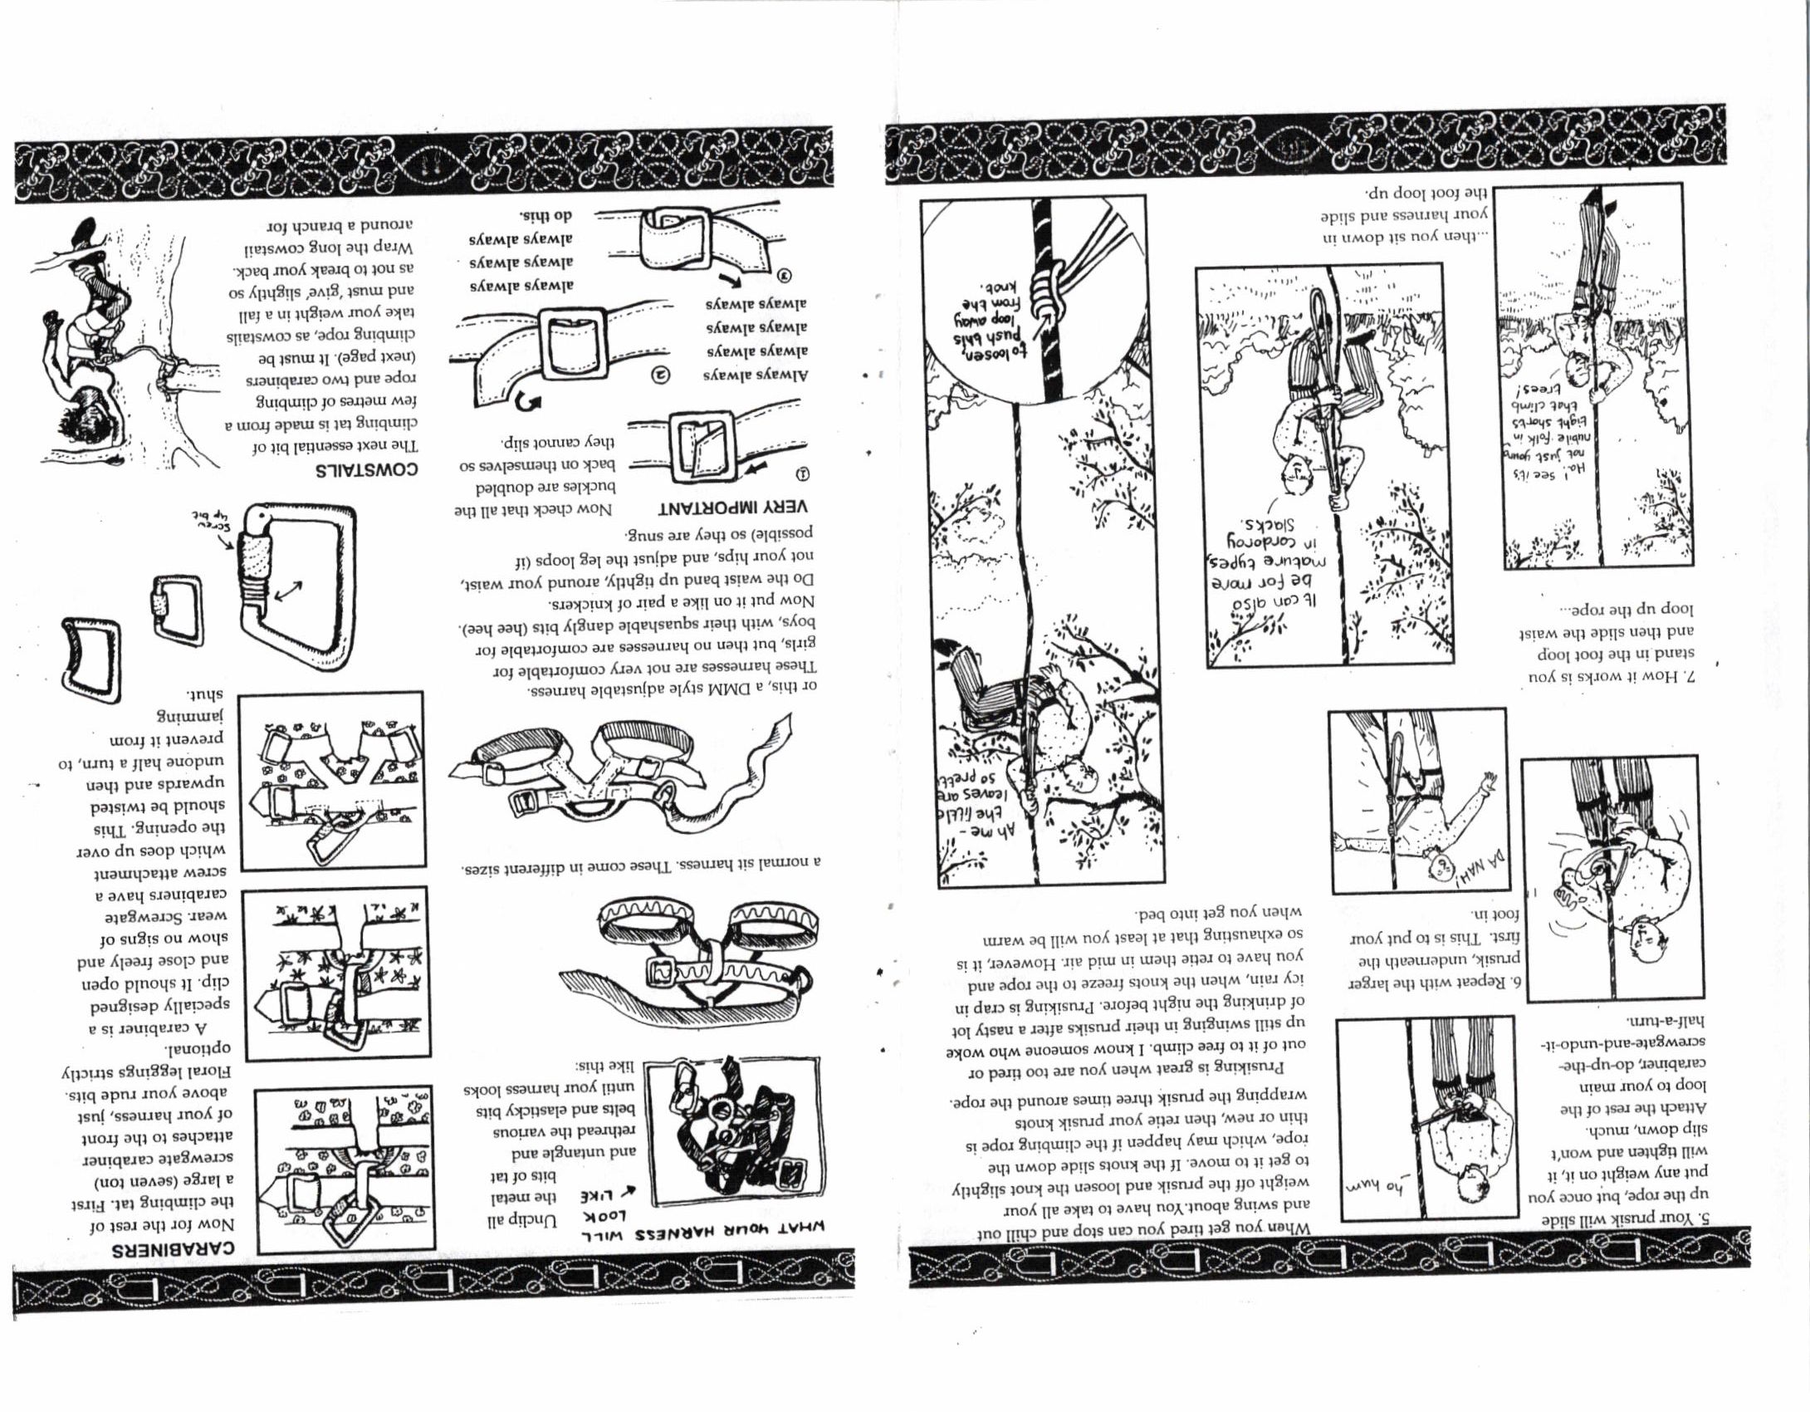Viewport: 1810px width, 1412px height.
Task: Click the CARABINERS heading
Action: point(174,1248)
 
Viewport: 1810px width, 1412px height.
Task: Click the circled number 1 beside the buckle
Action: point(803,476)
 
